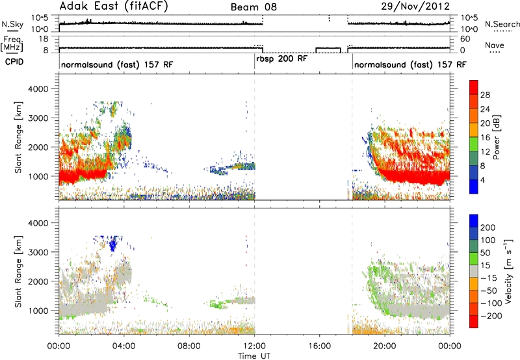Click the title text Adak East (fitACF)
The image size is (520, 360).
click(x=114, y=6)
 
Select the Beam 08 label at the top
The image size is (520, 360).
click(x=253, y=7)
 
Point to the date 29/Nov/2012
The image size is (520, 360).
click(x=415, y=6)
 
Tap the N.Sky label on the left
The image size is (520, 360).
click(x=12, y=24)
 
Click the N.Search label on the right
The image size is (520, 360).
click(x=502, y=24)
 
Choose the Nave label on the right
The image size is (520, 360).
click(x=495, y=45)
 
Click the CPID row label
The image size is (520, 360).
click(x=14, y=62)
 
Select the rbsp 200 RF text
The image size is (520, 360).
click(x=282, y=59)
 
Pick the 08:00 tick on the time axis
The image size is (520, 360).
click(x=189, y=346)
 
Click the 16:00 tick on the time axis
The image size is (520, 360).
click(x=319, y=346)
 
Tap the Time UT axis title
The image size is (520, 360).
click(x=254, y=356)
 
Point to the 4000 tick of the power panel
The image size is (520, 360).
click(x=38, y=89)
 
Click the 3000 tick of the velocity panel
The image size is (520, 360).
click(x=38, y=252)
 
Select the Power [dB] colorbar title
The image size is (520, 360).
click(x=496, y=137)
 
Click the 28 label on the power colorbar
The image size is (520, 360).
click(x=485, y=95)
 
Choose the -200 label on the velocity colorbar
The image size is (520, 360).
click(x=491, y=316)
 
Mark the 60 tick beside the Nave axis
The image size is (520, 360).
click(x=465, y=39)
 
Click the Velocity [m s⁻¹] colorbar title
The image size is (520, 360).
click(x=509, y=271)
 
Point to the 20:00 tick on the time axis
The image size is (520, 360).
click(x=384, y=346)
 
